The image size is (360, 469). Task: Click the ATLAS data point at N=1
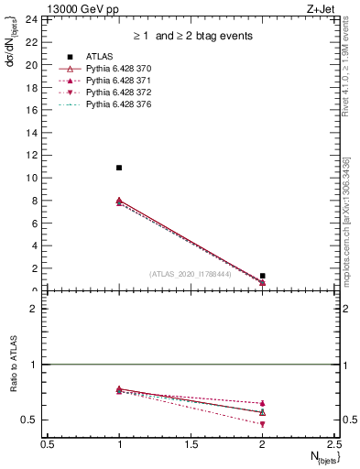[119, 168]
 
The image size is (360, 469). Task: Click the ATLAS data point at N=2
[262, 276]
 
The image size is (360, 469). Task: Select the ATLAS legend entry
[99, 57]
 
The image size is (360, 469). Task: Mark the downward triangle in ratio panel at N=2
[262, 424]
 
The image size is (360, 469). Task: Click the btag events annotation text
[191, 36]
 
